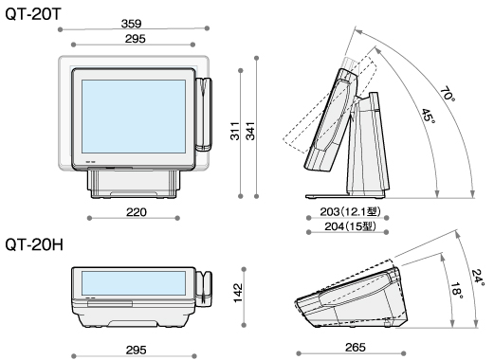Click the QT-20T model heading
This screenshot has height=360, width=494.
(33, 13)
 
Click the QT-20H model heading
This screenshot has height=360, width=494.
(34, 244)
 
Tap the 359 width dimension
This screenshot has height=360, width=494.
(131, 24)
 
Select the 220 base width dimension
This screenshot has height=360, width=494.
(137, 212)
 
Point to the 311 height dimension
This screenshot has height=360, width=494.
(234, 131)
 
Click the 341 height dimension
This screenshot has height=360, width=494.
(250, 131)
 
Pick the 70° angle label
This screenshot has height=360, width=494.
(448, 94)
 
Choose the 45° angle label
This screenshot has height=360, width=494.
(429, 116)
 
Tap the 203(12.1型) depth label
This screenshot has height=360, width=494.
(350, 211)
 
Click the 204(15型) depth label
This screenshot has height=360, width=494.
(350, 226)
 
